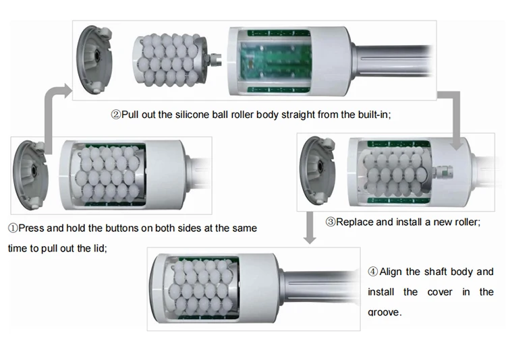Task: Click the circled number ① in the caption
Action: (13, 228)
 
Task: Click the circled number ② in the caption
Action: (116, 115)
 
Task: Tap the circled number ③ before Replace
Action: (331, 222)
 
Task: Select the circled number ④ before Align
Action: (372, 272)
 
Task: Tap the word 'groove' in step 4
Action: (383, 312)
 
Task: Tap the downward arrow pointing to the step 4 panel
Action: (310, 227)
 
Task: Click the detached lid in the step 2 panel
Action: (94, 60)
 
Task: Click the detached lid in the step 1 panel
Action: (30, 175)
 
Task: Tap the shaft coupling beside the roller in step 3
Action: (444, 173)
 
